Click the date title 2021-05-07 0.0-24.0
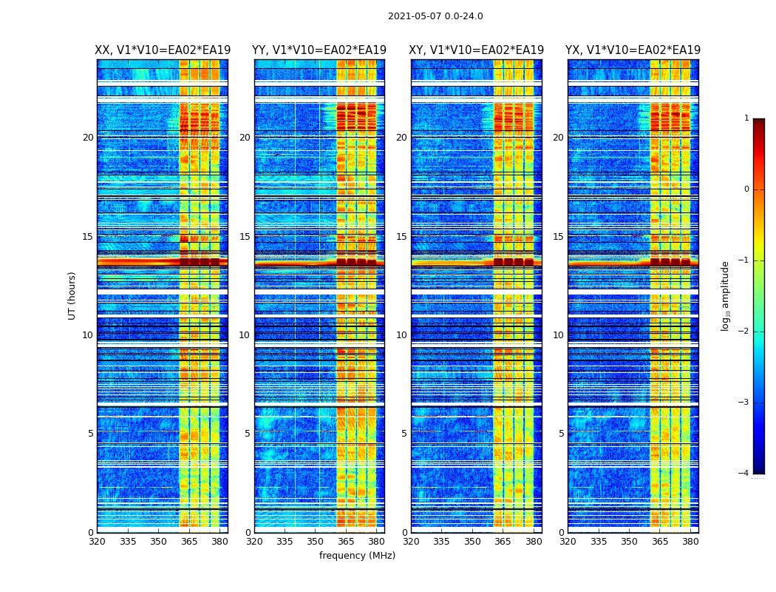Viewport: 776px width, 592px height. [435, 16]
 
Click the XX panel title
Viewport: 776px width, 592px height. [163, 50]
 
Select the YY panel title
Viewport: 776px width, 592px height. [319, 50]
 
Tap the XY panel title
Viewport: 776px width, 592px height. [476, 50]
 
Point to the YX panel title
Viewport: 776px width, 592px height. [633, 50]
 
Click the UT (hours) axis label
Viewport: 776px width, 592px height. [72, 295]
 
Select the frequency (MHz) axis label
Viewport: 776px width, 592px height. [357, 556]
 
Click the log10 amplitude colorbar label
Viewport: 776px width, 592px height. [726, 295]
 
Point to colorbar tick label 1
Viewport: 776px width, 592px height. [746, 118]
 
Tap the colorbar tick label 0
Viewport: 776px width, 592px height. [746, 189]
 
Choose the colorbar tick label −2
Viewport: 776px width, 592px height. [744, 332]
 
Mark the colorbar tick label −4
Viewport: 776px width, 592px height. [744, 474]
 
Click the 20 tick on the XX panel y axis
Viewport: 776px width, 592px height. [88, 138]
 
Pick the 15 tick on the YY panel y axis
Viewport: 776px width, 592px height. [245, 237]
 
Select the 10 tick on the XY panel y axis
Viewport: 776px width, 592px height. [401, 335]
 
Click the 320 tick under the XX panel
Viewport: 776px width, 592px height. [97, 542]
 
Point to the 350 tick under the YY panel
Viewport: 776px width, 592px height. [316, 542]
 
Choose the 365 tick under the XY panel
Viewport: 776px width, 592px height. [503, 542]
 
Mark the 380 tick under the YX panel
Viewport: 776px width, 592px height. [690, 542]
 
